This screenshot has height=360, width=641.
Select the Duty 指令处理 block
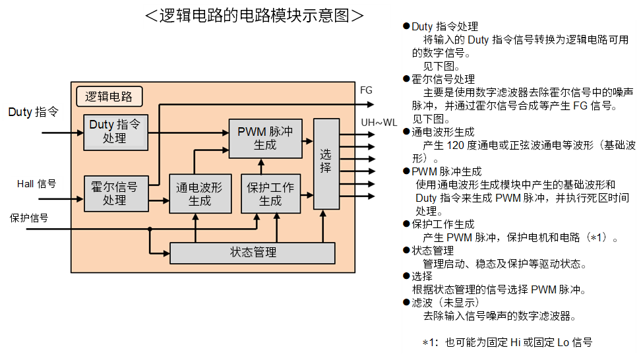(x=115, y=131)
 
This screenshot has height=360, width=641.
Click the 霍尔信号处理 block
(x=114, y=194)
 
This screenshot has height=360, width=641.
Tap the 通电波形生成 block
(x=200, y=194)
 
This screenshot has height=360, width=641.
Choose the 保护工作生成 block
(x=270, y=194)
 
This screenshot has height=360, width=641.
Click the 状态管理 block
(x=253, y=253)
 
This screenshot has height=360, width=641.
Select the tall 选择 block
(x=326, y=164)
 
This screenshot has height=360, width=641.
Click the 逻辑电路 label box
(x=109, y=97)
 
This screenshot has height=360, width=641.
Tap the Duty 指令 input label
(x=33, y=112)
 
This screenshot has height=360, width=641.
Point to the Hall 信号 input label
(x=36, y=184)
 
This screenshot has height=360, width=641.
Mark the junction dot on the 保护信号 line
(x=150, y=229)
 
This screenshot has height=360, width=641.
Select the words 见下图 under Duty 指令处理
(x=441, y=66)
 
